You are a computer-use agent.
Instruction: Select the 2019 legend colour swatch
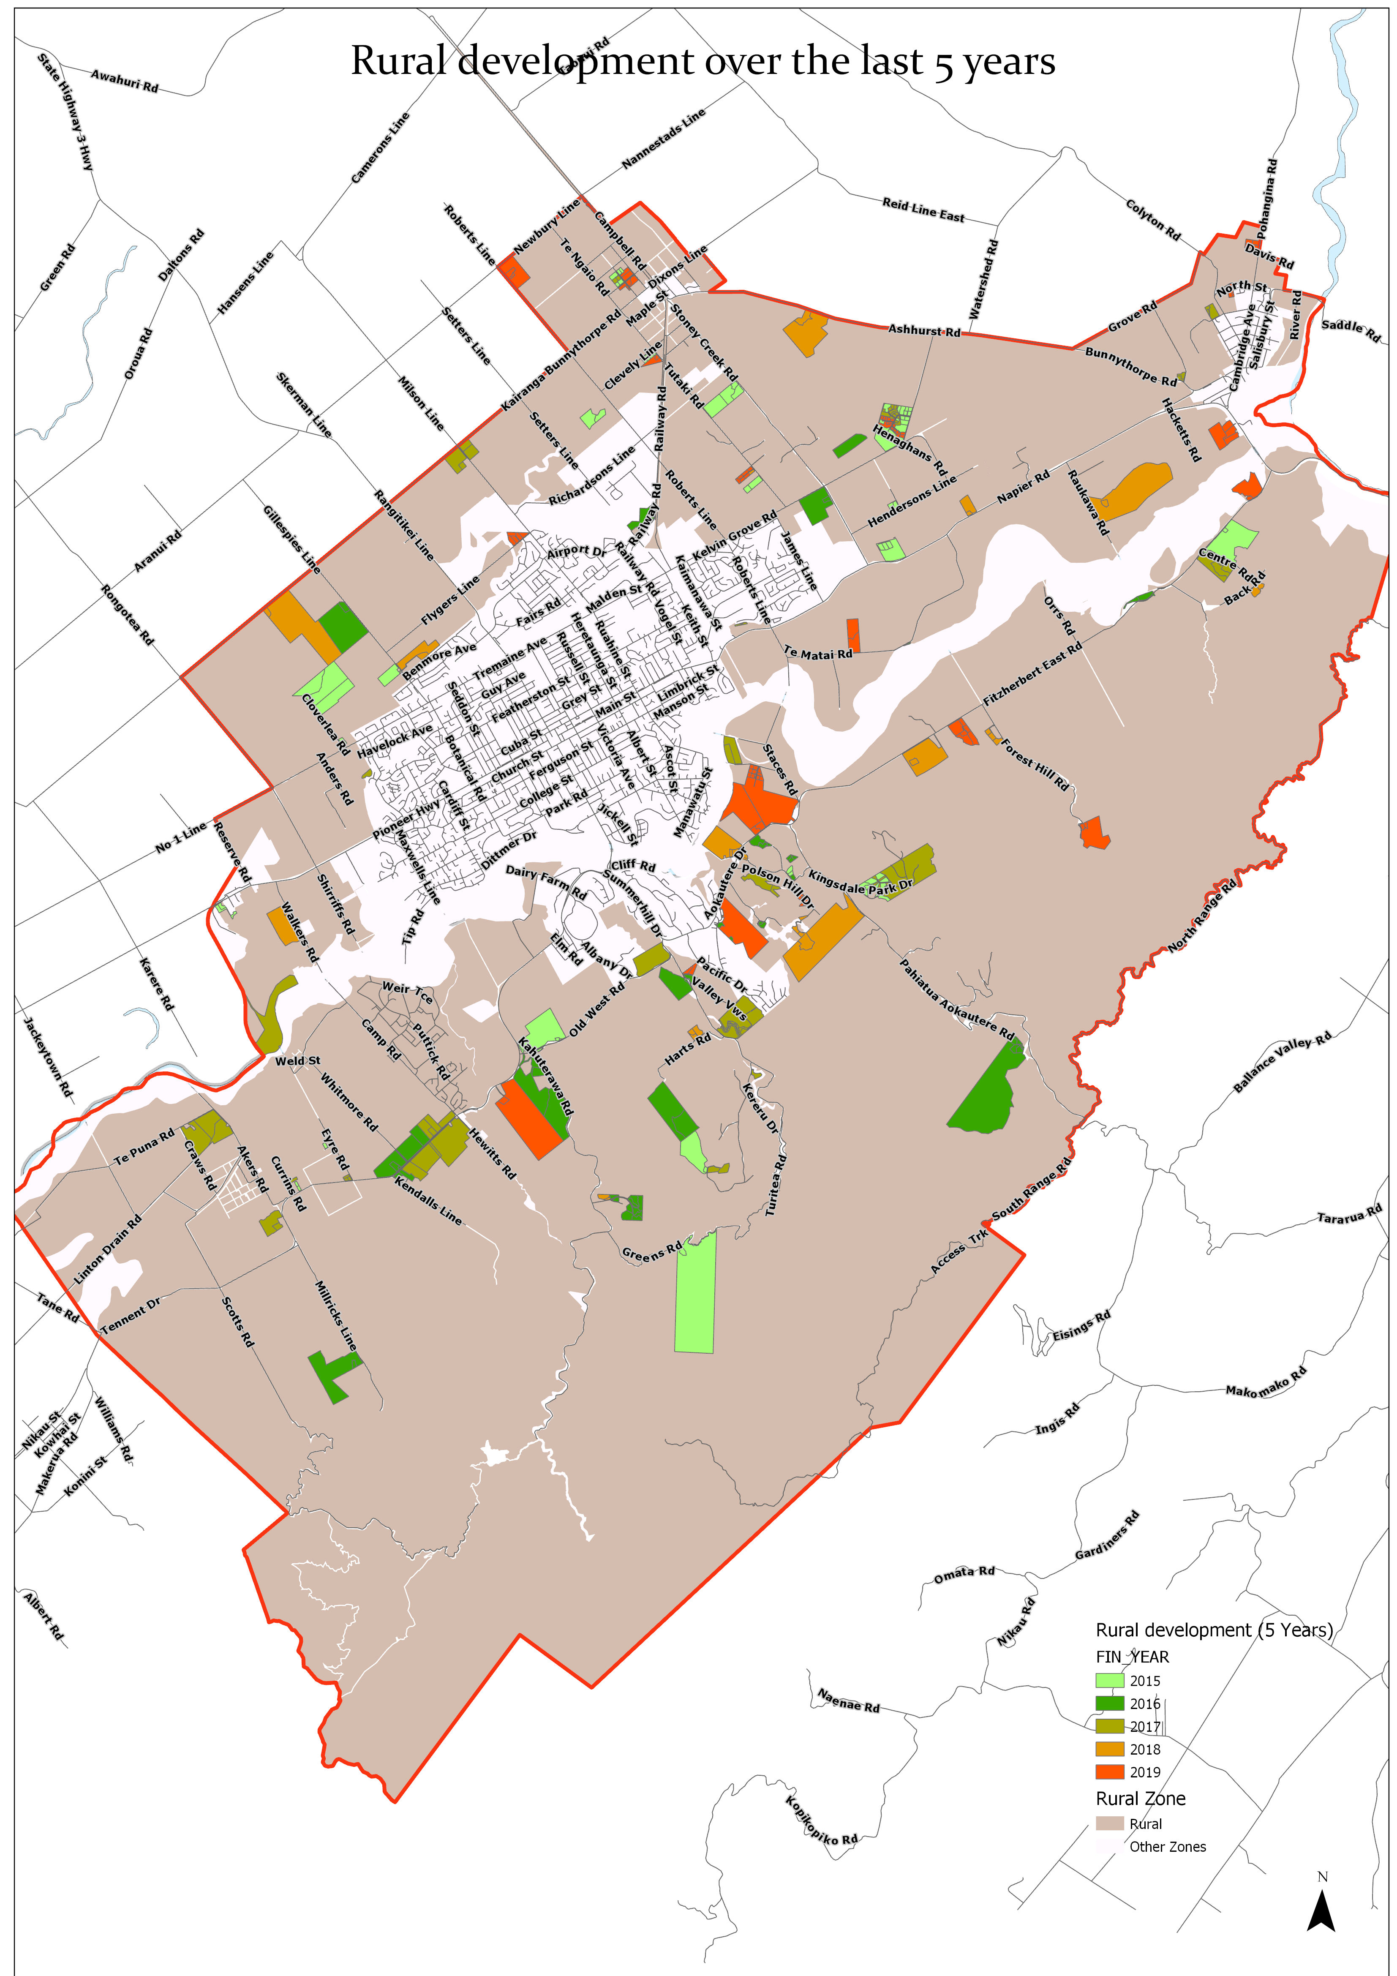click(x=1109, y=1772)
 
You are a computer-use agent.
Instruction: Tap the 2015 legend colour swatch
click(x=1109, y=1680)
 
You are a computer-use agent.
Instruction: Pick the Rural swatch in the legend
click(x=1109, y=1823)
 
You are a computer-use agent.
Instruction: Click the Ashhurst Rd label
click(x=923, y=330)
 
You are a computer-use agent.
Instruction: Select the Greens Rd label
click(x=651, y=1251)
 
